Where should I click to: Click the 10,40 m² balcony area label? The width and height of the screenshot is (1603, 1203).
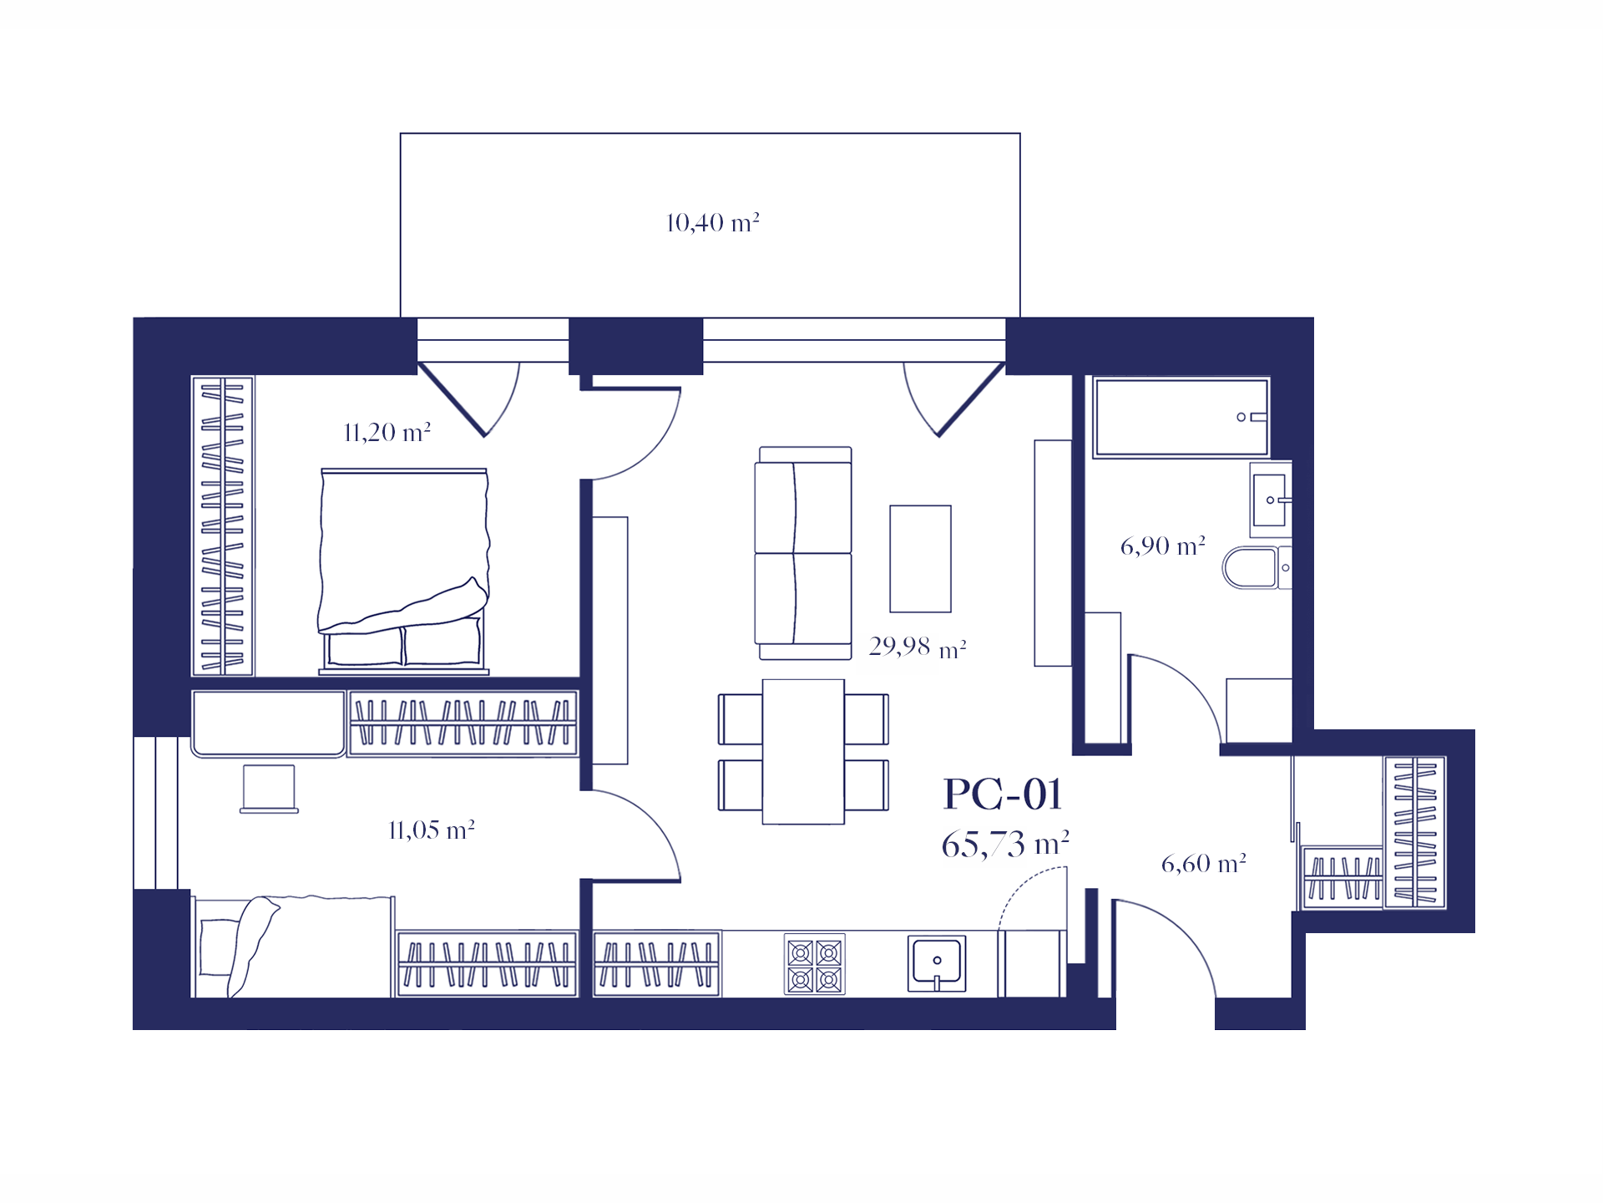pyautogui.click(x=712, y=223)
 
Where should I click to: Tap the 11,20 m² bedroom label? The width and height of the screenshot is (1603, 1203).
pyautogui.click(x=387, y=433)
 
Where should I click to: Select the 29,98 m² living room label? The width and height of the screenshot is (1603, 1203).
pyautogui.click(x=918, y=647)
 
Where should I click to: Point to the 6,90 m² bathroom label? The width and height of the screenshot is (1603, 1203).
pyautogui.click(x=1163, y=546)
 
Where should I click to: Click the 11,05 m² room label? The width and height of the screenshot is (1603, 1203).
pyautogui.click(x=432, y=830)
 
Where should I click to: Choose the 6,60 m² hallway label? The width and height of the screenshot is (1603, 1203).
pyautogui.click(x=1204, y=864)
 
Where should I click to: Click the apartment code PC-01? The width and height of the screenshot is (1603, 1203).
pyautogui.click(x=1003, y=794)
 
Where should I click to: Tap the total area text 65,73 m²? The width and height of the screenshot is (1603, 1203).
pyautogui.click(x=1005, y=845)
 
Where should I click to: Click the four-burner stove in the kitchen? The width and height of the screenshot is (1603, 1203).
pyautogui.click(x=815, y=964)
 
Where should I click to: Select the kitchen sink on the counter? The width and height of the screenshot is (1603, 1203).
pyautogui.click(x=937, y=963)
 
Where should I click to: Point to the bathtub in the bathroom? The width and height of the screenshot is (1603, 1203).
pyautogui.click(x=1181, y=418)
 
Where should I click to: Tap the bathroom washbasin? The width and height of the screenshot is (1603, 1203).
pyautogui.click(x=1270, y=500)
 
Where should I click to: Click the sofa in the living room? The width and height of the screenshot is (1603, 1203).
pyautogui.click(x=803, y=553)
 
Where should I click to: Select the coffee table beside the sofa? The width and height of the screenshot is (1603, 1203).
pyautogui.click(x=920, y=559)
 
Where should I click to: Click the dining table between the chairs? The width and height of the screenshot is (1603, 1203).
pyautogui.click(x=803, y=751)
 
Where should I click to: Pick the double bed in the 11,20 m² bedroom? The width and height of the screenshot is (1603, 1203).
pyautogui.click(x=404, y=571)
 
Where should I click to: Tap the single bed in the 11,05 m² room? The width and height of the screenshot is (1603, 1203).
pyautogui.click(x=293, y=947)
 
